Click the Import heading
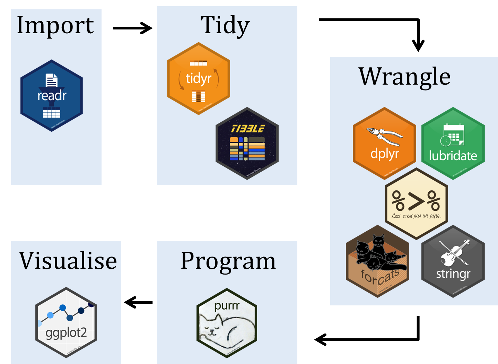tap(55, 26)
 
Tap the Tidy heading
tap(225, 26)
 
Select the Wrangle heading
tap(404, 77)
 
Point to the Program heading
tap(228, 261)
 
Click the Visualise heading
tap(68, 261)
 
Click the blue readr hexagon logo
tap(52, 96)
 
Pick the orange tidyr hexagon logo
tap(199, 79)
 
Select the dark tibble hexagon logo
tap(247, 144)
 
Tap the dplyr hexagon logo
tap(384, 144)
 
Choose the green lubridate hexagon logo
tap(453, 144)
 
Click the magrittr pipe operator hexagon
tap(416, 204)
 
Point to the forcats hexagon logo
tap(378, 261)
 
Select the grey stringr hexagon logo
tap(453, 261)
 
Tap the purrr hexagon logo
tap(227, 323)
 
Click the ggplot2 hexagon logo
tap(66, 322)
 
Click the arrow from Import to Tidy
tap(133, 28)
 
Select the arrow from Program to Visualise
tap(138, 302)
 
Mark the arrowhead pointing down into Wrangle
tap(418, 45)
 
